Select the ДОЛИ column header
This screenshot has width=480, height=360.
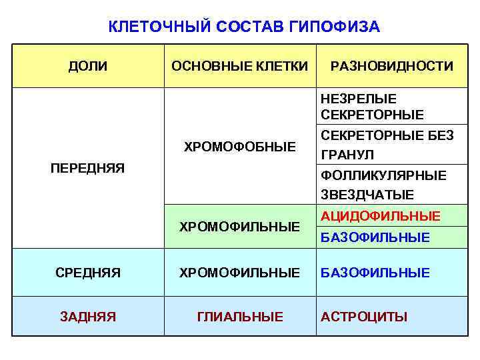pyautogui.click(x=88, y=66)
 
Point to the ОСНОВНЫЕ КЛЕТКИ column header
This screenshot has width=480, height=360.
pyautogui.click(x=239, y=66)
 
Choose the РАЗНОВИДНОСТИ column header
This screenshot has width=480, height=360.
pyautogui.click(x=391, y=66)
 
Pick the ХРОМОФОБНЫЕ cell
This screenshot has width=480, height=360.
pyautogui.click(x=239, y=146)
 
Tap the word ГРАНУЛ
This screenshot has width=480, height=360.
pyautogui.click(x=347, y=155)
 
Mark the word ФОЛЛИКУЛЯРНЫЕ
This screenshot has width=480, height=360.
pyautogui.click(x=383, y=176)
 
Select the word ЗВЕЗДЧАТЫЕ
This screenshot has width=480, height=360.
pyautogui.click(x=367, y=195)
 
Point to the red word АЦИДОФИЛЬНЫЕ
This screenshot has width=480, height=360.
pyautogui.click(x=380, y=216)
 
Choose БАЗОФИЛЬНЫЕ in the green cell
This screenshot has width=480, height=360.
pyautogui.click(x=375, y=237)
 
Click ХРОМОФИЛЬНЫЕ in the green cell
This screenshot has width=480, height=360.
pyautogui.click(x=239, y=227)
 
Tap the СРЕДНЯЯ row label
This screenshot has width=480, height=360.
pyautogui.click(x=87, y=273)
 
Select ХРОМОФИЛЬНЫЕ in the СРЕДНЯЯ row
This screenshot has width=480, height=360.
pyautogui.click(x=239, y=273)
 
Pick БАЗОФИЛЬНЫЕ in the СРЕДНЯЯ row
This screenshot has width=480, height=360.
pyautogui.click(x=375, y=273)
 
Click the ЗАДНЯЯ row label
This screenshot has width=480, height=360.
pyautogui.click(x=87, y=317)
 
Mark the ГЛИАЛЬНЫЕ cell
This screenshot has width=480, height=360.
pyautogui.click(x=239, y=317)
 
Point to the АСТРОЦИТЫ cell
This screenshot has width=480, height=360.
pyautogui.click(x=363, y=317)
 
